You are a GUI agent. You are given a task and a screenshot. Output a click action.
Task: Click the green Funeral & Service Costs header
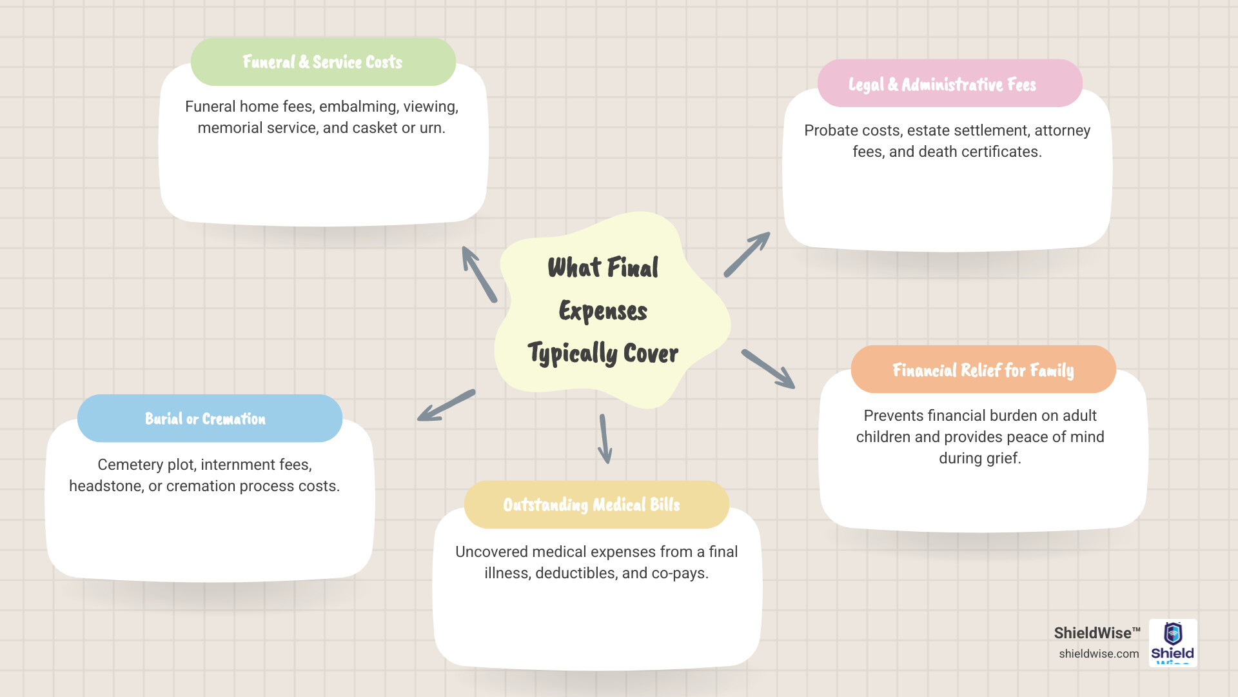click(x=323, y=62)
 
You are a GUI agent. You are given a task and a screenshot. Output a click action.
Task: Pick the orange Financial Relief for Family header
click(x=983, y=370)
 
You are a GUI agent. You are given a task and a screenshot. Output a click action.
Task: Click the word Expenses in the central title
click(x=603, y=311)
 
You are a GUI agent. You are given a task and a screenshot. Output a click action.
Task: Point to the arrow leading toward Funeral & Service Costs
click(x=479, y=274)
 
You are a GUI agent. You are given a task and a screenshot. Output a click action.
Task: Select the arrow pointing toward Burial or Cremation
click(x=446, y=405)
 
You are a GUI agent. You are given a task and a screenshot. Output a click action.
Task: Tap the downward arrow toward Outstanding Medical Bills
click(x=605, y=439)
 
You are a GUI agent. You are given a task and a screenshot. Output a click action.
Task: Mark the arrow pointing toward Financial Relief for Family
click(x=768, y=369)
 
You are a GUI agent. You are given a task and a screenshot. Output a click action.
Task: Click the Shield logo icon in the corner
click(x=1173, y=642)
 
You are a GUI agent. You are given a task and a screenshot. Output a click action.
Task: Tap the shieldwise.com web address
click(x=1099, y=654)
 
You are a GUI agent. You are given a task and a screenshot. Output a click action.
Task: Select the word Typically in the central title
click(x=573, y=354)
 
